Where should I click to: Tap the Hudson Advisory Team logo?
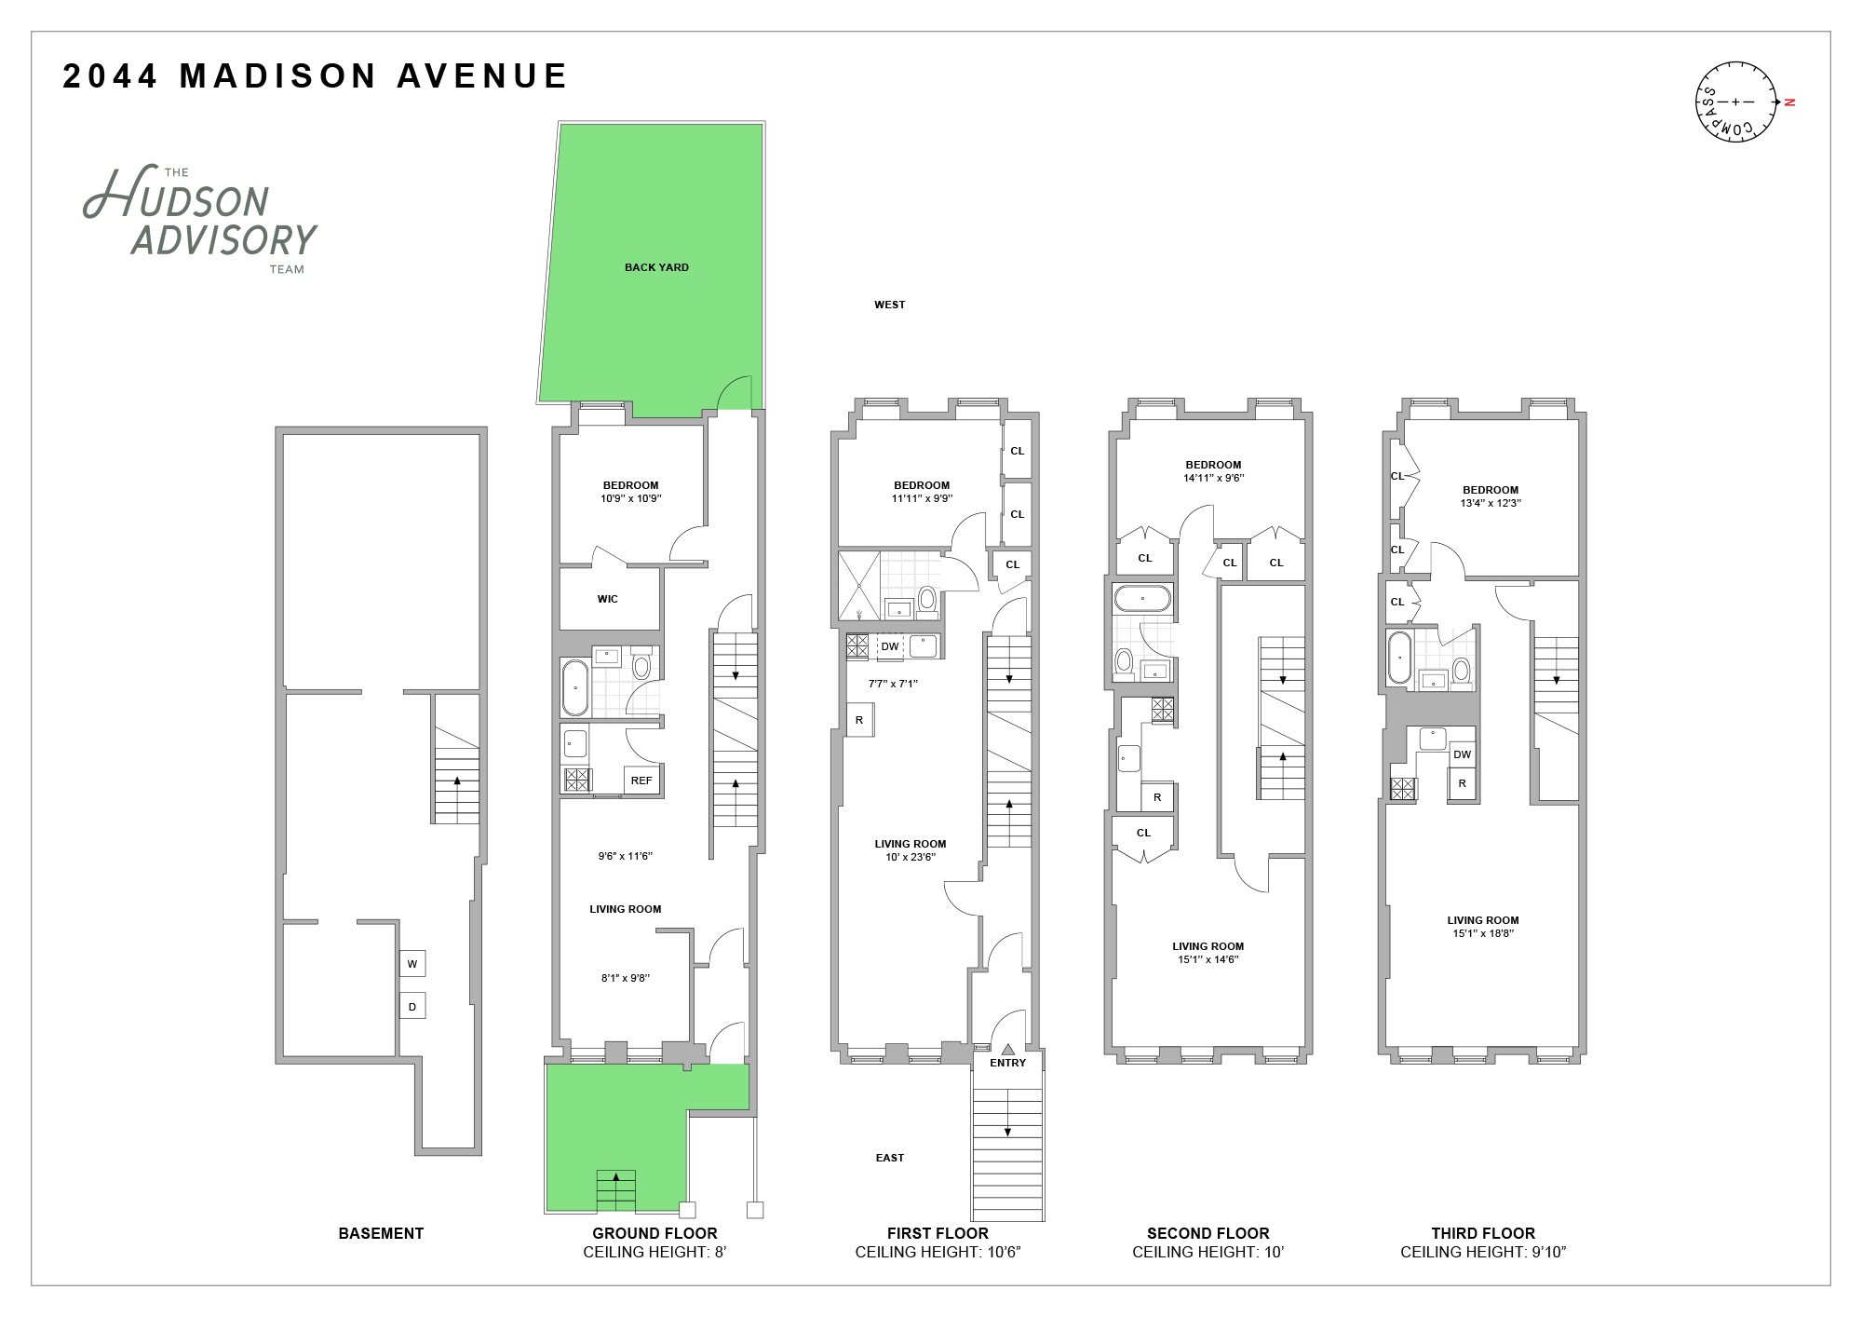tap(201, 220)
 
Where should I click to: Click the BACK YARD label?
tap(656, 267)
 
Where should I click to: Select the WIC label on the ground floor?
tap(608, 599)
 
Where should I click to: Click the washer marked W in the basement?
tap(412, 964)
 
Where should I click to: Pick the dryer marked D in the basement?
tap(412, 1006)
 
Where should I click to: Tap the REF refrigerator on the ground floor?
tap(641, 781)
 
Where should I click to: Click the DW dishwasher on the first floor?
tap(890, 646)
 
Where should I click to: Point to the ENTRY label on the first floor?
tap(1007, 1063)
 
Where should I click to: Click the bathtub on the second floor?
tap(1142, 598)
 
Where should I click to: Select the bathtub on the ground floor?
tap(574, 687)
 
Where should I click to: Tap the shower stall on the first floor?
tap(858, 586)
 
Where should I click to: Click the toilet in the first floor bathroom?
tap(927, 600)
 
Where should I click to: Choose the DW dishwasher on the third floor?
tap(1462, 754)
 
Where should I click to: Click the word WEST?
tap(889, 305)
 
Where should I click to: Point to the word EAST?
tap(889, 1158)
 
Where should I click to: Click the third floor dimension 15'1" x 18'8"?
tap(1483, 933)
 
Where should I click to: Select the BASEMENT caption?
tap(381, 1233)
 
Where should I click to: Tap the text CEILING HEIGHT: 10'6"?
tap(938, 1252)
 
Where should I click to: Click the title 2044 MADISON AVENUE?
tap(315, 76)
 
